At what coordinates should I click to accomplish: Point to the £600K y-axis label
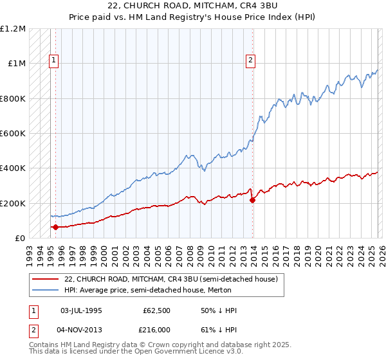pos(13,134)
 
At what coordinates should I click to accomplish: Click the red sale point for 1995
pos(56,227)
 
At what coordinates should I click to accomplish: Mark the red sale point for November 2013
pos(252,201)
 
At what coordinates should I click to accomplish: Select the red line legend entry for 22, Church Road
pos(170,279)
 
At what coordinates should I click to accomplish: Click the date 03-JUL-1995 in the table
pos(82,310)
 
